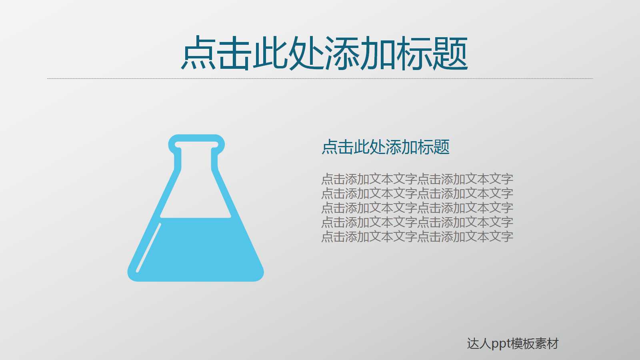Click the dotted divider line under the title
pos(320,78)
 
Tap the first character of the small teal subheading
pos(330,147)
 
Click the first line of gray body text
pos(417,179)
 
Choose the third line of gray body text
pos(417,208)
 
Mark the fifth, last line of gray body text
pos(417,236)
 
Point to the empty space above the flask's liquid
pos(196,192)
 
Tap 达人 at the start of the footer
pos(479,344)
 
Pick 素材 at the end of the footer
pos(547,344)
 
